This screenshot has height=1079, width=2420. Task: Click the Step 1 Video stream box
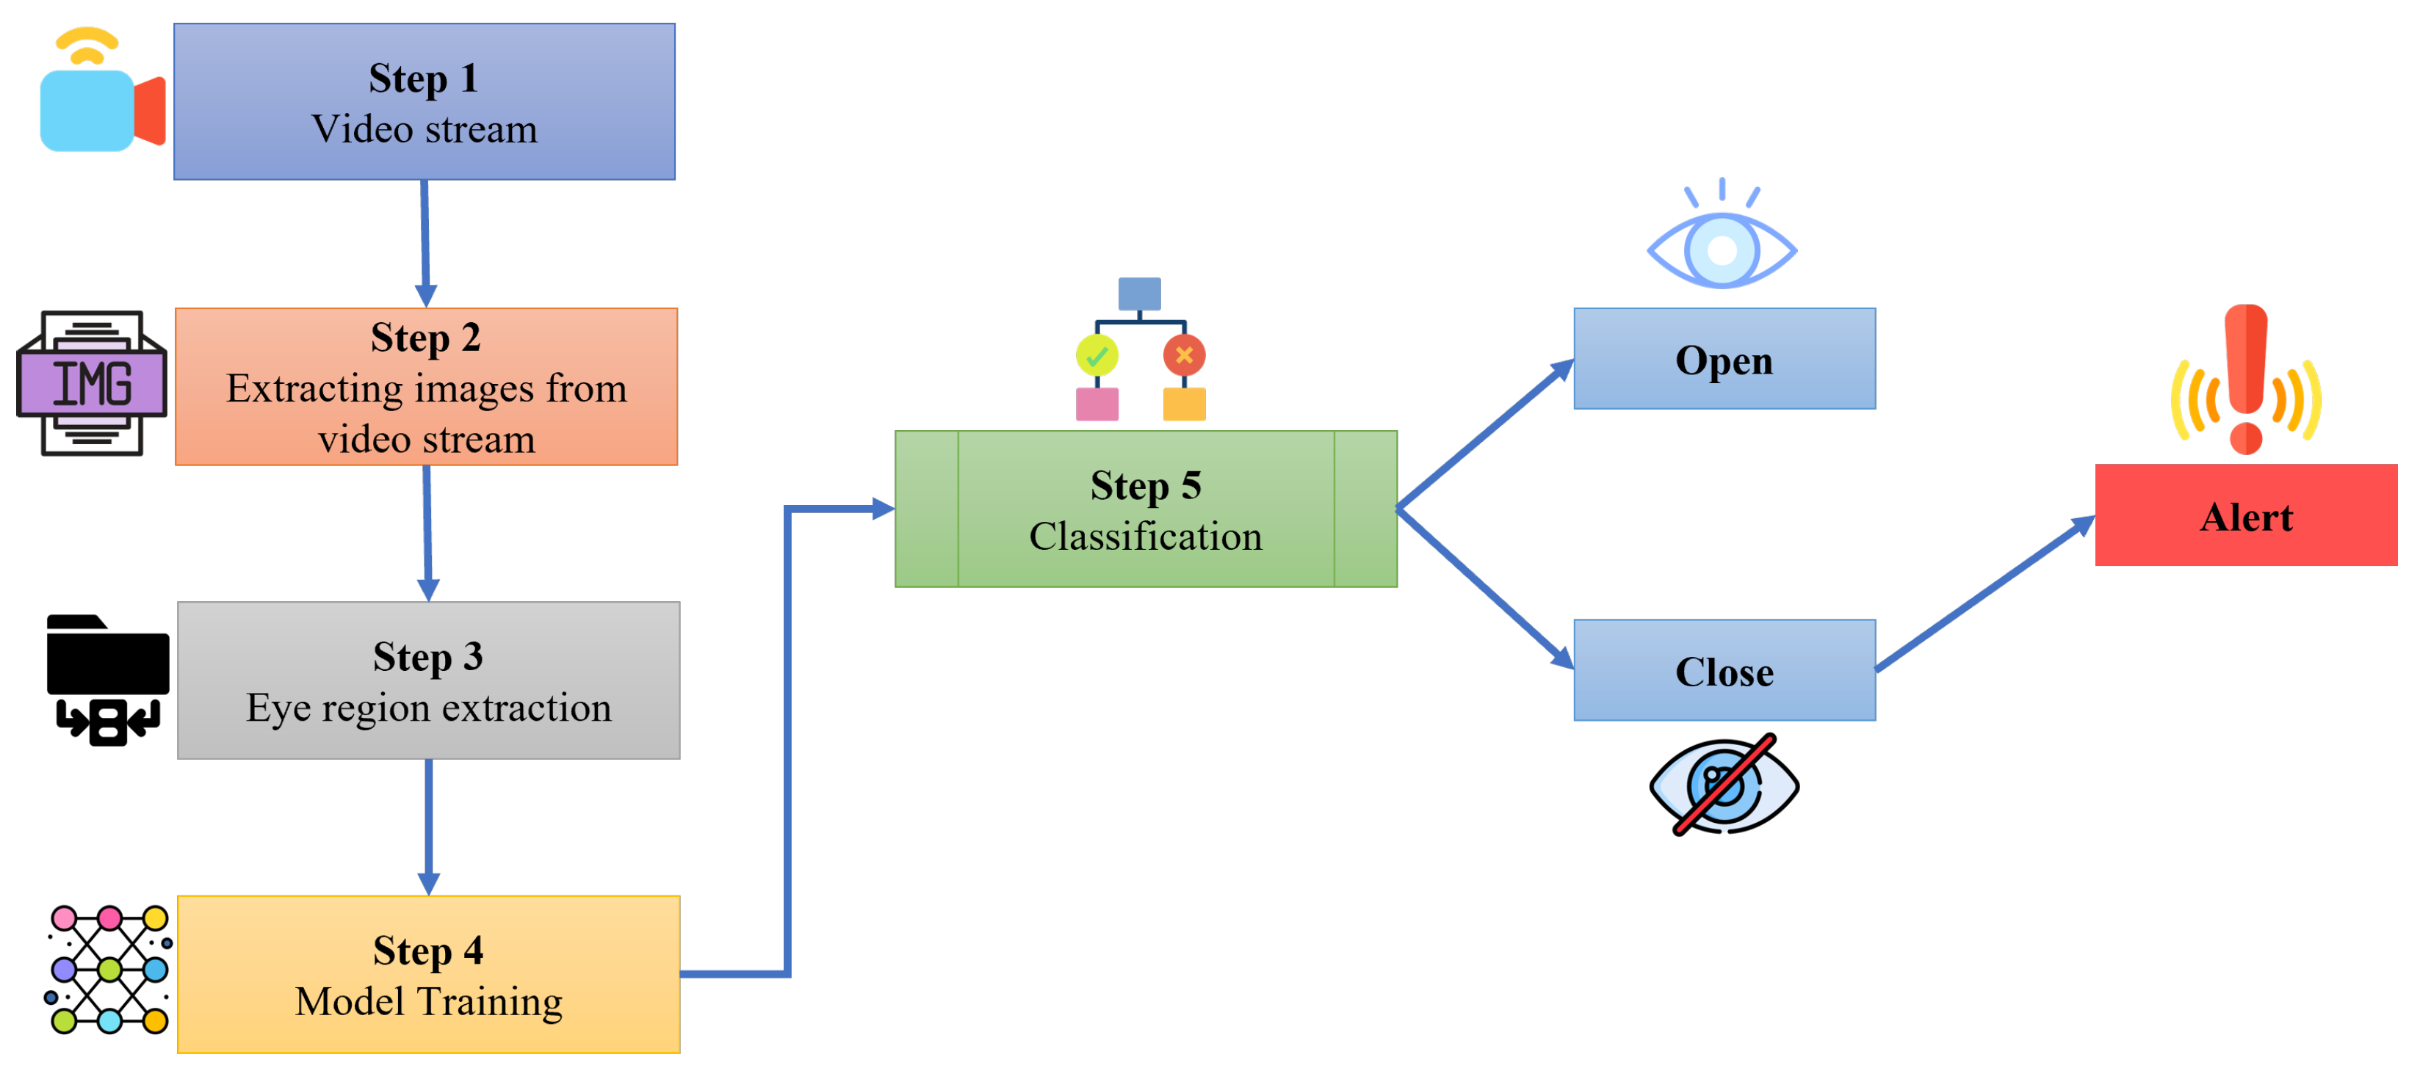pyautogui.click(x=424, y=101)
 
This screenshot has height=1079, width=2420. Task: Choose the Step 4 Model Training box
pyautogui.click(x=427, y=974)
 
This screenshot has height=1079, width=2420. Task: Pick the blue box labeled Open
pyautogui.click(x=1724, y=359)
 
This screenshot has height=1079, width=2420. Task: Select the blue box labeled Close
pyautogui.click(x=1724, y=669)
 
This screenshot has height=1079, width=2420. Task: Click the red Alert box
pyautogui.click(x=2245, y=515)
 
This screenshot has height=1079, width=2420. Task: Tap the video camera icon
pyautogui.click(x=101, y=94)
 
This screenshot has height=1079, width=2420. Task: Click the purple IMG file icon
pyautogui.click(x=91, y=383)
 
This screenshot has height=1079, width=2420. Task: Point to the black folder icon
pyautogui.click(x=107, y=678)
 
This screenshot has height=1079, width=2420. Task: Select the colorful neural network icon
pyautogui.click(x=109, y=969)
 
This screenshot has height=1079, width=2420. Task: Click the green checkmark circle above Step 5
pyautogui.click(x=1097, y=356)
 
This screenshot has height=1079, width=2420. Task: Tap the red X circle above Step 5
pyautogui.click(x=1184, y=355)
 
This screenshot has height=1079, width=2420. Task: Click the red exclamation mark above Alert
pyautogui.click(x=2245, y=376)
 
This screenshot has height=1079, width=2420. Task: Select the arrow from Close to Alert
pyautogui.click(x=1982, y=596)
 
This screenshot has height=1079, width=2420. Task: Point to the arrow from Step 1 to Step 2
pyautogui.click(x=425, y=242)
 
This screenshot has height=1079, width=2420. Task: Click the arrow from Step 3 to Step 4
pyautogui.click(x=428, y=826)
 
